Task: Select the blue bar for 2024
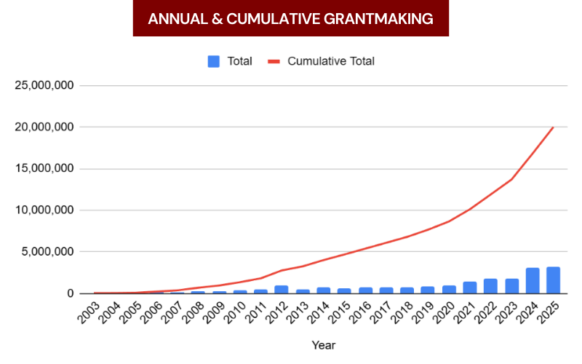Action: [x=533, y=281]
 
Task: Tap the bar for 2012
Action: [x=281, y=289]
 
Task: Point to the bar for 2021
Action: [x=469, y=288]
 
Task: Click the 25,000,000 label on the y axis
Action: [x=43, y=85]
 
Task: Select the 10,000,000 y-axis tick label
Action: [x=43, y=210]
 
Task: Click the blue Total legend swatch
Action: [x=213, y=61]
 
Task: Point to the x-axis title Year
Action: [x=323, y=345]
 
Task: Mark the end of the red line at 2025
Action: [x=553, y=127]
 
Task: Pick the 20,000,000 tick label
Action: [x=43, y=127]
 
